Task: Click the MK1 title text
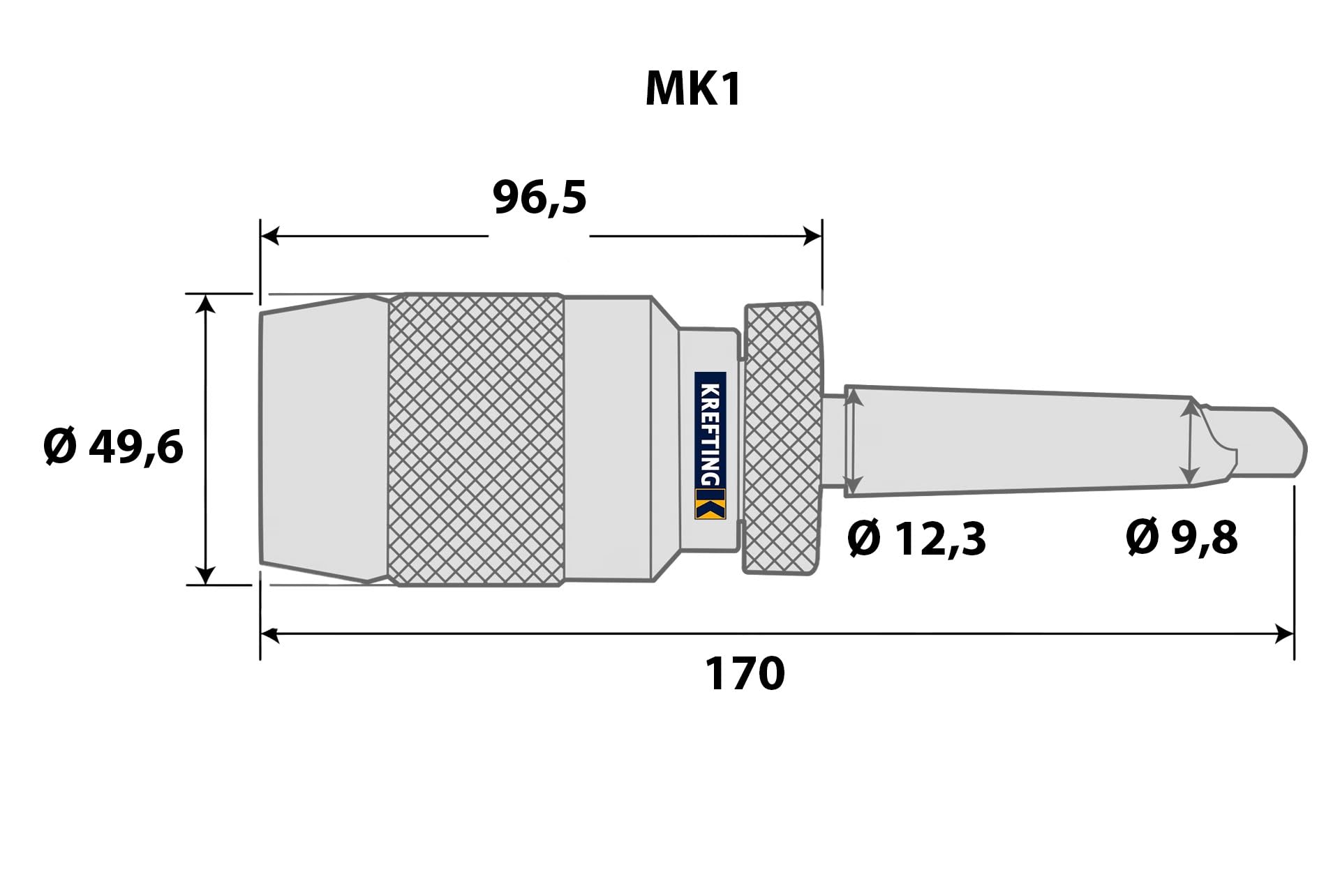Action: tap(693, 90)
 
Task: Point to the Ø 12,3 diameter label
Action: tap(916, 539)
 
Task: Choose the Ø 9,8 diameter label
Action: tap(1182, 538)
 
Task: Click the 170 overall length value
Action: tap(745, 673)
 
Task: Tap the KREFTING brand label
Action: tap(710, 434)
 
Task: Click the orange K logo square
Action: tap(710, 504)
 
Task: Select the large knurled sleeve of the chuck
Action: tap(476, 440)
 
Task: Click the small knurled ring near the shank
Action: tap(782, 438)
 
